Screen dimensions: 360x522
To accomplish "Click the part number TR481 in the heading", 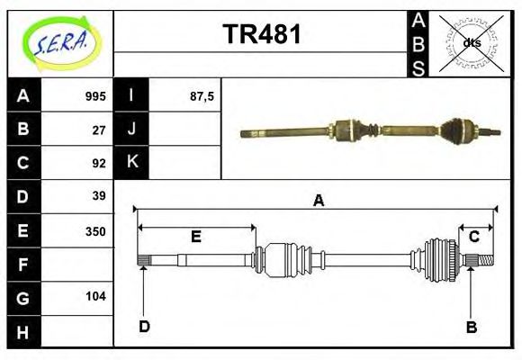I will point(261,35).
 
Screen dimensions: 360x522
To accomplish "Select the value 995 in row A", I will point(95,96).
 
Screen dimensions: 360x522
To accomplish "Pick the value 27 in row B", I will point(99,130).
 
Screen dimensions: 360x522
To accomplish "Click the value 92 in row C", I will point(99,164).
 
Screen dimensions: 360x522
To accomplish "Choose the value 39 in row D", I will point(99,196).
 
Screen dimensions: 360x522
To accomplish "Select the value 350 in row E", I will point(95,230).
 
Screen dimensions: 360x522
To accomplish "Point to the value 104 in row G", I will point(95,296).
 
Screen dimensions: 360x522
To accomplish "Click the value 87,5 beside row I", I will point(201,96).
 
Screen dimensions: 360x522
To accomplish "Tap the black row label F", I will point(22,264).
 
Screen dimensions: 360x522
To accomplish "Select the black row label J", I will point(131,130).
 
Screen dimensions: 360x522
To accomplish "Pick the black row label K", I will point(131,163).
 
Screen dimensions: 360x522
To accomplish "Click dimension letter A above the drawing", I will point(318,202).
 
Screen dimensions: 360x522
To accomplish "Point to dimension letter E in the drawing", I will point(195,237).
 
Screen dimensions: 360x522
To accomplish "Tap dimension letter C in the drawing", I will point(473,237).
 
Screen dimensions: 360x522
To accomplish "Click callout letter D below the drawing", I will point(144,327).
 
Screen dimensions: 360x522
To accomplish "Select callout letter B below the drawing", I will point(471,327).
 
